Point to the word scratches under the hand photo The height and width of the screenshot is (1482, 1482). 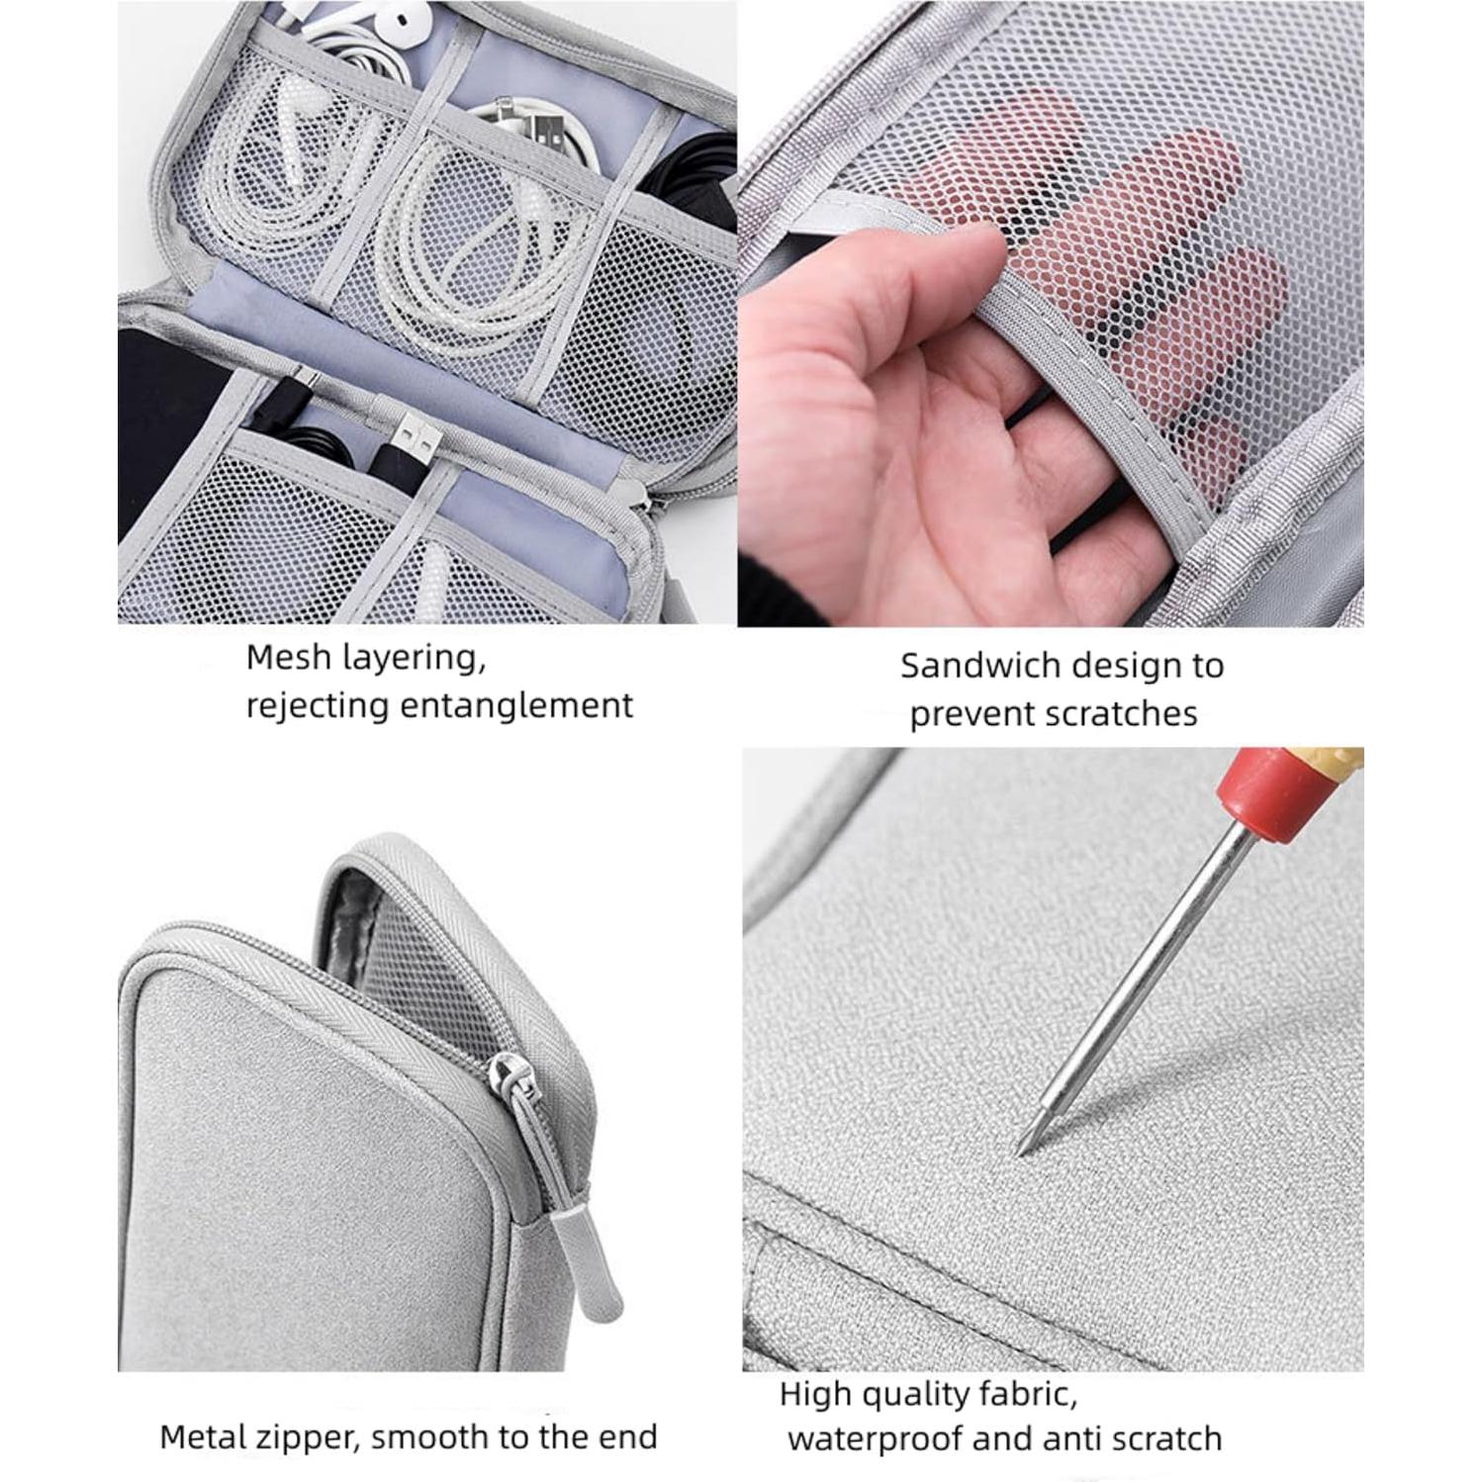pos(1128,713)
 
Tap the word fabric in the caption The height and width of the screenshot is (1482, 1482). pos(1019,1395)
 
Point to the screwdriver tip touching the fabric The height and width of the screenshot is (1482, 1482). pos(1022,1150)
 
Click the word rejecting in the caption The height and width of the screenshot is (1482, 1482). pos(317,706)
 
